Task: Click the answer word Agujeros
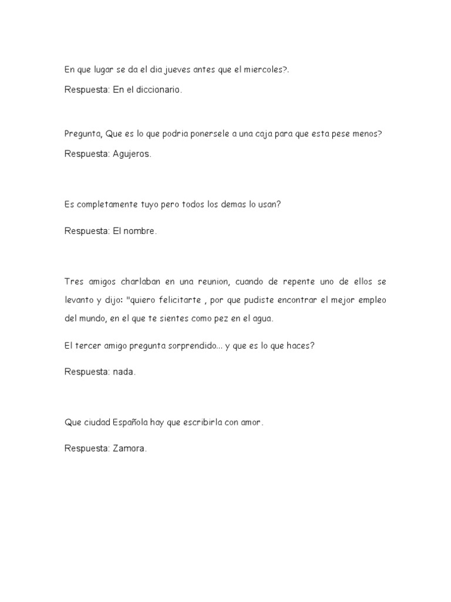pyautogui.click(x=132, y=154)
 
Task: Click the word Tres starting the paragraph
pyautogui.click(x=75, y=282)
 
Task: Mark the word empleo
pyautogui.click(x=369, y=300)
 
